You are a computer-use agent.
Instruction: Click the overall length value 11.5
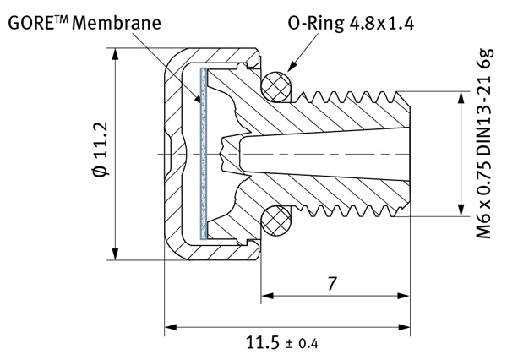[263, 343]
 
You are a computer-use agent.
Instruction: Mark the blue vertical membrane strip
[203, 152]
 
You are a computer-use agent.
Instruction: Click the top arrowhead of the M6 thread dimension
[461, 96]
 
